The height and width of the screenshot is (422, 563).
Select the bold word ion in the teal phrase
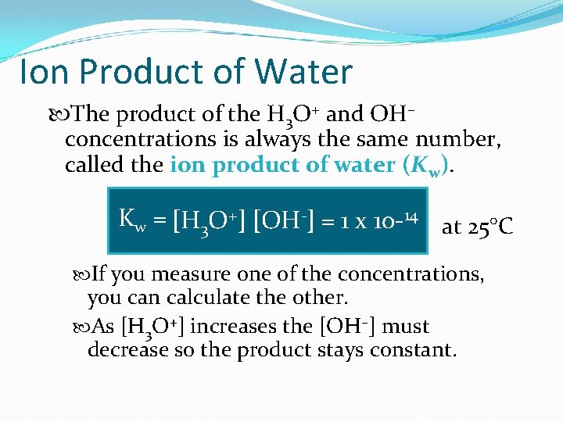[185, 166]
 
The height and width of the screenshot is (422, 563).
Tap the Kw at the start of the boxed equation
[132, 220]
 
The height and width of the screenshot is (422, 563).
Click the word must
[406, 326]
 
